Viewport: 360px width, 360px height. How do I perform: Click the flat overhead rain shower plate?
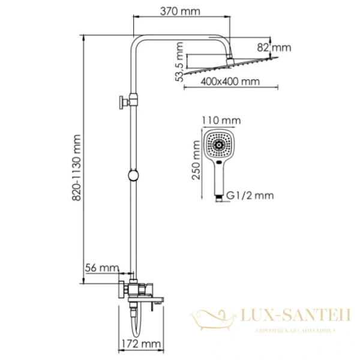tap(231, 67)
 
